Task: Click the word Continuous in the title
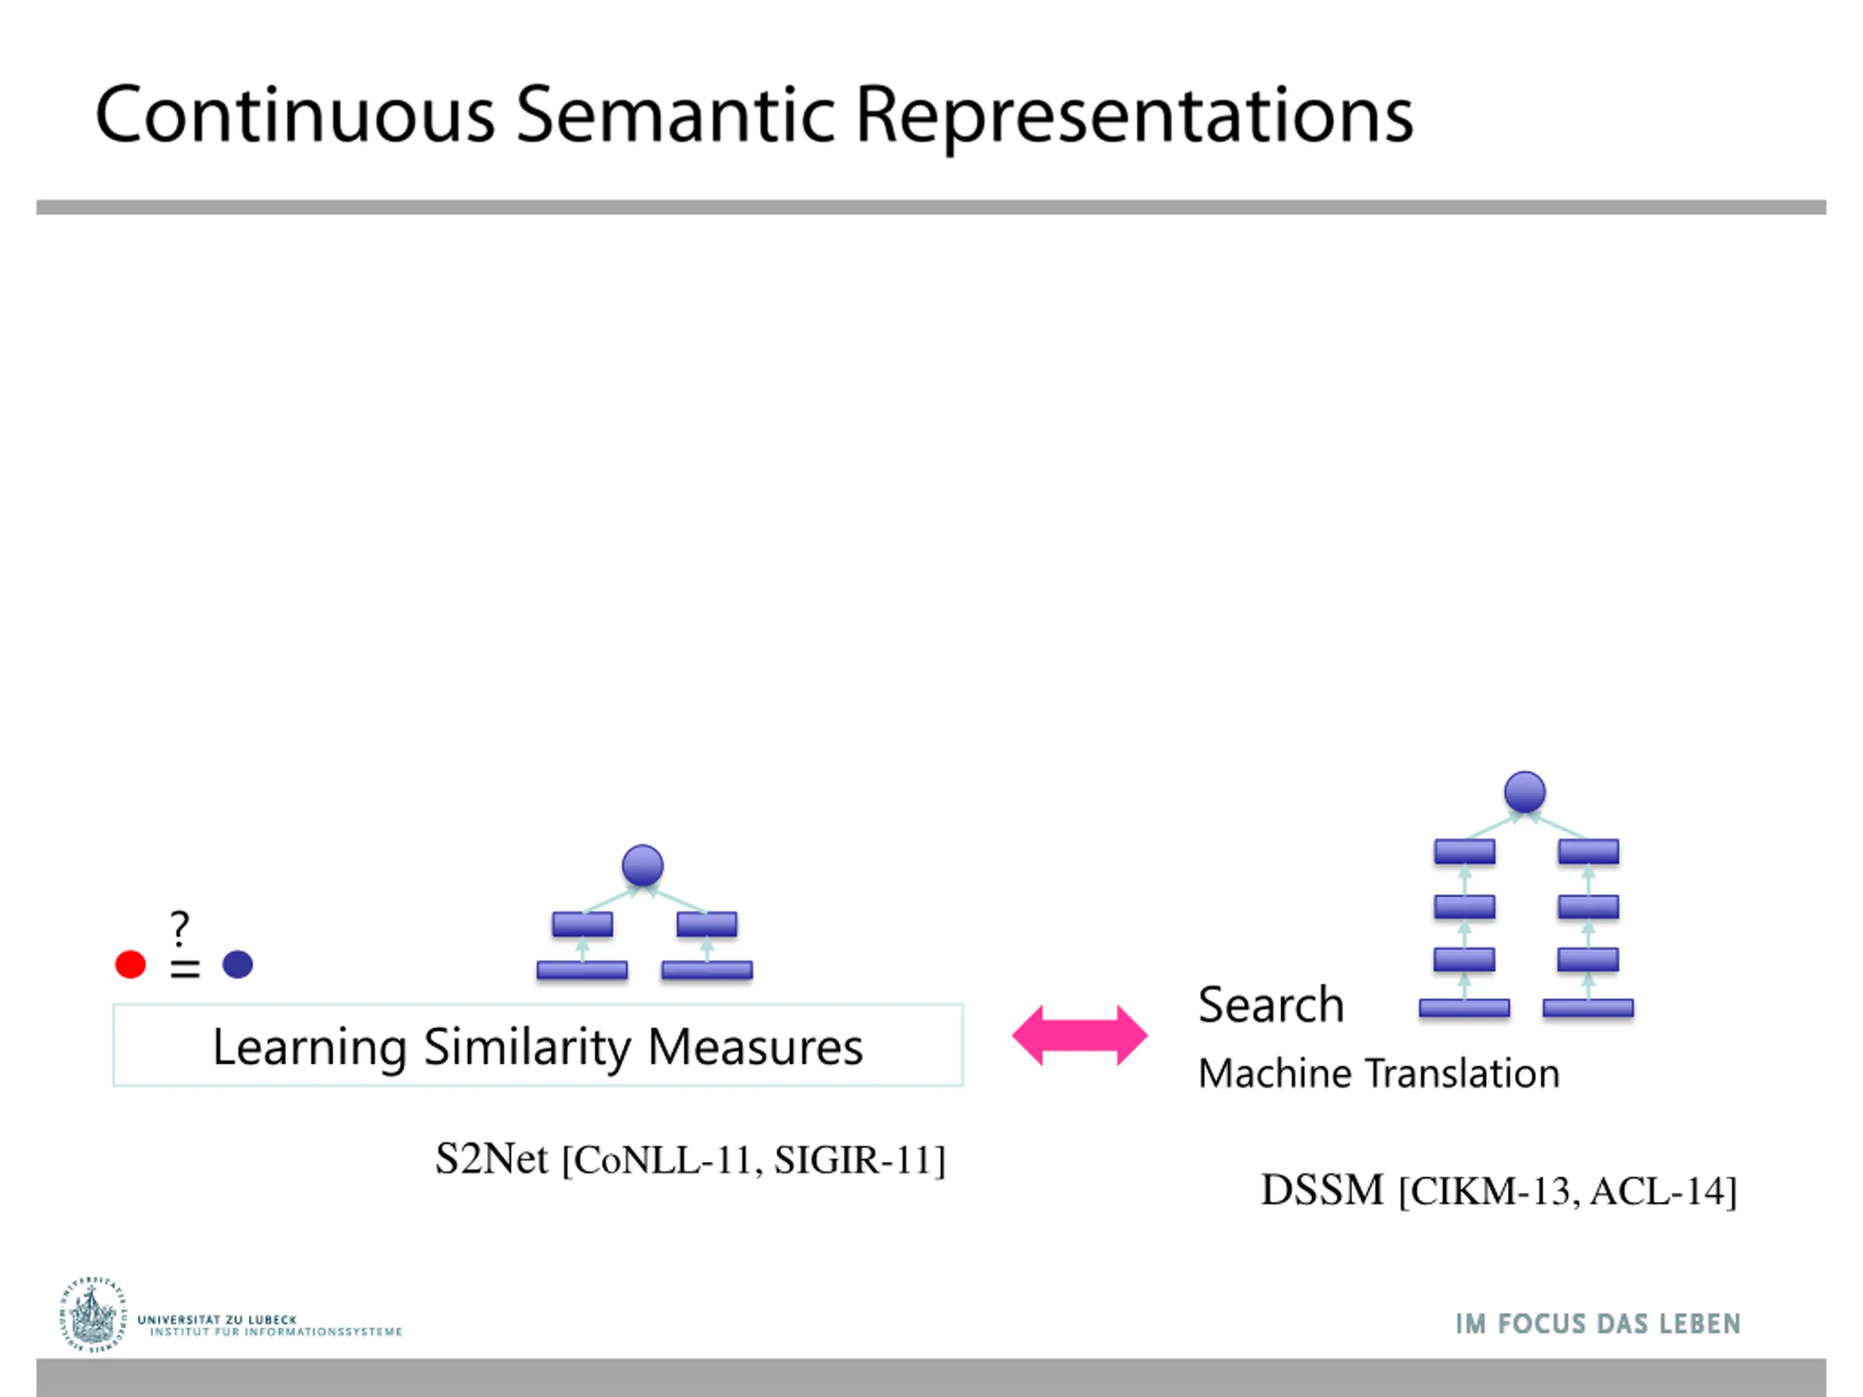(295, 116)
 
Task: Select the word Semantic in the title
(675, 116)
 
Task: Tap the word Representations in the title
(1134, 116)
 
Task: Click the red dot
(130, 964)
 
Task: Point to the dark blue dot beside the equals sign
(237, 964)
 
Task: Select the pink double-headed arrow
(1079, 1035)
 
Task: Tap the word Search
(1270, 1005)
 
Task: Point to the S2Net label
(491, 1160)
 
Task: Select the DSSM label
(1322, 1190)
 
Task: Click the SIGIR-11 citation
(854, 1161)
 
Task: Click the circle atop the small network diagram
(643, 866)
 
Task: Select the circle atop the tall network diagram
(1525, 792)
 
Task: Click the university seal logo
(92, 1316)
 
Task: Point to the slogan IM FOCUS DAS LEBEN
(1597, 1324)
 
